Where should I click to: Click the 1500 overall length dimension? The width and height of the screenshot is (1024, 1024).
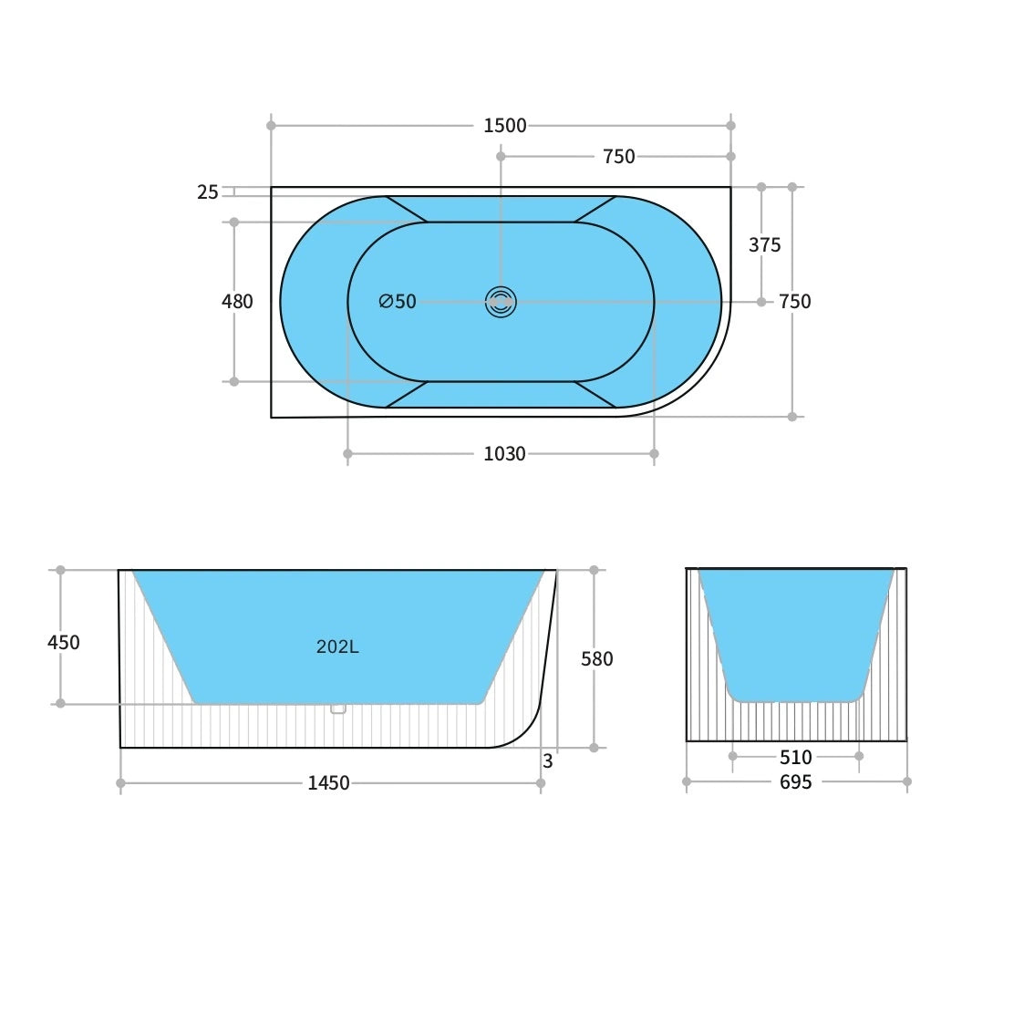[x=504, y=126]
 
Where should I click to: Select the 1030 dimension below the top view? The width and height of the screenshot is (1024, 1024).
[x=504, y=454]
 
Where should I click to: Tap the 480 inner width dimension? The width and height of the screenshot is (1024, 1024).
[x=237, y=302]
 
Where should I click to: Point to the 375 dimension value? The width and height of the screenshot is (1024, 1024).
[x=764, y=245]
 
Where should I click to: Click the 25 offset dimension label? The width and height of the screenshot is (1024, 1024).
[x=208, y=192]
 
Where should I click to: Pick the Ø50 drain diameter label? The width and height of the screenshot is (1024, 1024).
[x=398, y=302]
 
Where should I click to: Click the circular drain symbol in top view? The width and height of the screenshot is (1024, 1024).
[x=501, y=302]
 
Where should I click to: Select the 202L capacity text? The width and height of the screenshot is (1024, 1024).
[x=337, y=647]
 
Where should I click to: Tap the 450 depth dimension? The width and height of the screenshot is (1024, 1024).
[x=64, y=643]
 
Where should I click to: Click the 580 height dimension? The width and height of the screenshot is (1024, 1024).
[x=597, y=659]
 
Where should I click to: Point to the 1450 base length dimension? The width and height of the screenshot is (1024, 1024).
[x=328, y=783]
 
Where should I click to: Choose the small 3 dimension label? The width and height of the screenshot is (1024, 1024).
[x=547, y=761]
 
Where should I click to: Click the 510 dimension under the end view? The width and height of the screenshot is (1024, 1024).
[x=795, y=758]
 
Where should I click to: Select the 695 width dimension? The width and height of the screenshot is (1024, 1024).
[x=795, y=782]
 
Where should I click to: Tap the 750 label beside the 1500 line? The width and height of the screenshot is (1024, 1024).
[x=618, y=157]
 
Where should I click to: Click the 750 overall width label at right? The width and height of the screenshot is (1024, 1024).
[x=794, y=302]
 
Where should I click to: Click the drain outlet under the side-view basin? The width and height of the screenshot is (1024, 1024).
[x=338, y=709]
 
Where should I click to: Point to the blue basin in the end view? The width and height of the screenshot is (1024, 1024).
[x=795, y=629]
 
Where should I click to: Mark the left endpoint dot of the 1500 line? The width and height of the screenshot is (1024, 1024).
[x=271, y=126]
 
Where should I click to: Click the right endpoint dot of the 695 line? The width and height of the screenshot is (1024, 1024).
[x=906, y=781]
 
